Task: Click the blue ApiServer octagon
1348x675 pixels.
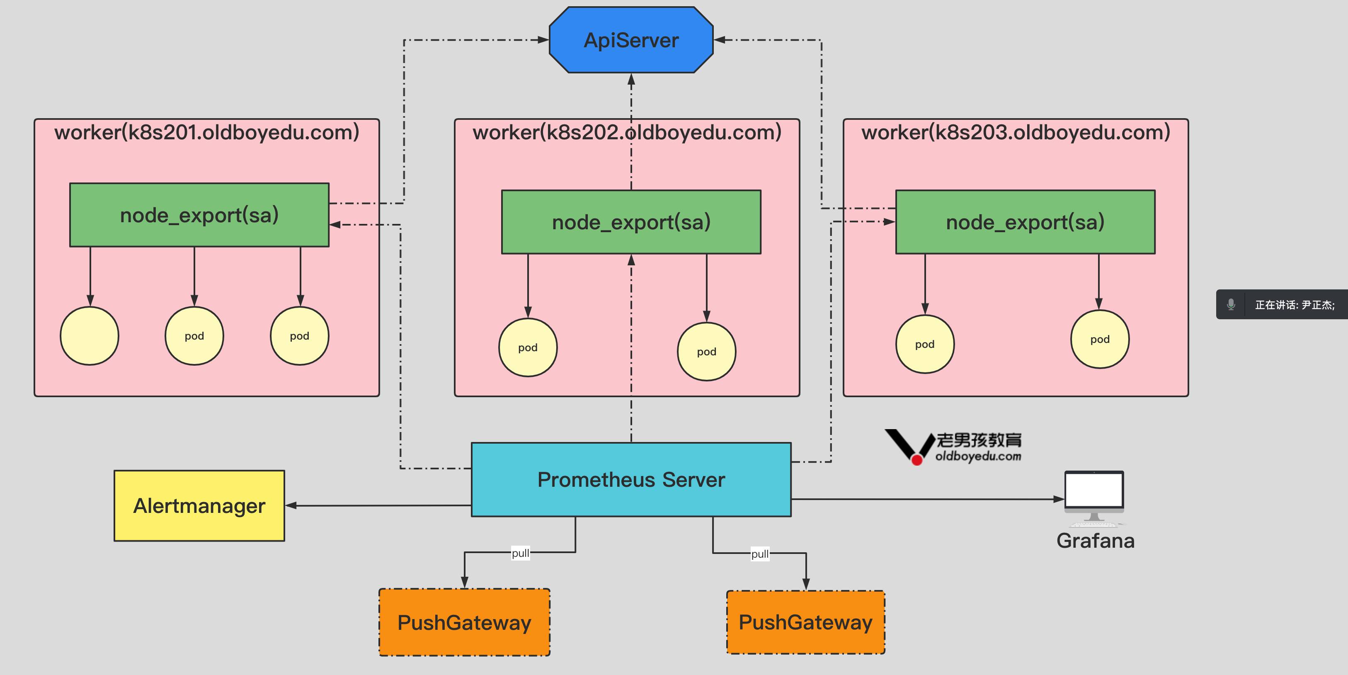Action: (631, 40)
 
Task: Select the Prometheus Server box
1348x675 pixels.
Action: (631, 479)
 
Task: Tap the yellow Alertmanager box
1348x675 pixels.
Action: (199, 505)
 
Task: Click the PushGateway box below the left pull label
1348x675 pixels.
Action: (464, 622)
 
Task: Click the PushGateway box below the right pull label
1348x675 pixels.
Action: (805, 622)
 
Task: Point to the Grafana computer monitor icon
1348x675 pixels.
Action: (1093, 492)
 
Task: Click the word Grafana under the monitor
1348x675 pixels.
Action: (1095, 541)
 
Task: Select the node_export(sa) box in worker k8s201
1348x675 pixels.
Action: (199, 214)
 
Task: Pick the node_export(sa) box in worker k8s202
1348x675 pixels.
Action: (631, 222)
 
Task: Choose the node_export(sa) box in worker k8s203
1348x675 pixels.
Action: (1025, 222)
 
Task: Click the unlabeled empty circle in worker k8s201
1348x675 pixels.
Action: (90, 336)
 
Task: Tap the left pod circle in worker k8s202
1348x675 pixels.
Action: (528, 347)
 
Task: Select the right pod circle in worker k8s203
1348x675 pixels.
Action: (1100, 339)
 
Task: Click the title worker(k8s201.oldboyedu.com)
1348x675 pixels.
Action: (207, 132)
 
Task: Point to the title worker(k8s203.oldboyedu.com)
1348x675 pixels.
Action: (1016, 132)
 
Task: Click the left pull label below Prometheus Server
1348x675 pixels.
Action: (520, 553)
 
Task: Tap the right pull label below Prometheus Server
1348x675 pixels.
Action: (760, 554)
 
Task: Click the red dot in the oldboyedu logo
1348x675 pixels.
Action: (917, 460)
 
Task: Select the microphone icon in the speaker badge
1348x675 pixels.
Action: (1231, 304)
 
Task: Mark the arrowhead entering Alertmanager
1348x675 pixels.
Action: (291, 505)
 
